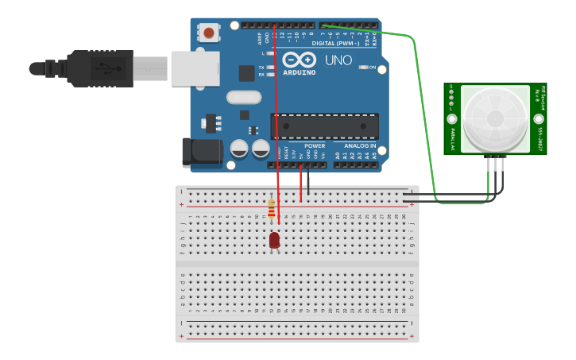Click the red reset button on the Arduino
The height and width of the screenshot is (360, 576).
click(x=209, y=33)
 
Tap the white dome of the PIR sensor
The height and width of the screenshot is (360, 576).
click(x=495, y=119)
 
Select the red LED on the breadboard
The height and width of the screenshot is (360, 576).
click(x=274, y=239)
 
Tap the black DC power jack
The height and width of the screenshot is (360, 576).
click(x=198, y=153)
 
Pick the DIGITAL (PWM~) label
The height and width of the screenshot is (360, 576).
click(x=334, y=43)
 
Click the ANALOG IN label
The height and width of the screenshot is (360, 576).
click(x=359, y=146)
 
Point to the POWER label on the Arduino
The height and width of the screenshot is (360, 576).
click(x=315, y=146)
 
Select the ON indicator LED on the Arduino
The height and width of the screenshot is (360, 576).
click(x=363, y=68)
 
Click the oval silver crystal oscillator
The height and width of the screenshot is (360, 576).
click(x=243, y=98)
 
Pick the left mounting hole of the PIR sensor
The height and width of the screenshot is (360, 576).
click(x=451, y=118)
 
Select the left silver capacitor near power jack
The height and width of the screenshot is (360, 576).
click(x=239, y=148)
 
